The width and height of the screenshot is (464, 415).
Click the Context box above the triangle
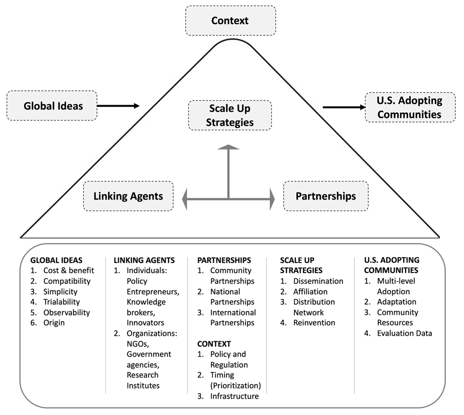pyautogui.click(x=230, y=21)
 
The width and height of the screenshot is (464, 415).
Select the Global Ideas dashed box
pyautogui.click(x=52, y=106)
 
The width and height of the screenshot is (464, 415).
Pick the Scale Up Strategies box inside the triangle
pyautogui.click(x=230, y=115)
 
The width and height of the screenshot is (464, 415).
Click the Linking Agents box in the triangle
pyautogui.click(x=128, y=196)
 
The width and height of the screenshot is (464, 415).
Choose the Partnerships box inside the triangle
pyautogui.click(x=326, y=196)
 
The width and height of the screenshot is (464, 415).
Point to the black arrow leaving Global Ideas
pyautogui.click(x=118, y=106)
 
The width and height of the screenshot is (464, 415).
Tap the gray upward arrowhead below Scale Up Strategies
pyautogui.click(x=229, y=147)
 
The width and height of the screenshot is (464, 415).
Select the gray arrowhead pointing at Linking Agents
pyautogui.click(x=186, y=199)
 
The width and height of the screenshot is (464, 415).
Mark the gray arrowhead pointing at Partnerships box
pyautogui.click(x=271, y=199)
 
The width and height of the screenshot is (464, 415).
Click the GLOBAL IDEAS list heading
pyautogui.click(x=56, y=261)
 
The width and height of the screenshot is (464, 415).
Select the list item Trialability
pyautogui.click(x=61, y=302)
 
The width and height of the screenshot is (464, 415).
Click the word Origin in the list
pyautogui.click(x=54, y=323)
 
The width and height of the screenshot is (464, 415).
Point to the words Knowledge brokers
pyautogui.click(x=146, y=307)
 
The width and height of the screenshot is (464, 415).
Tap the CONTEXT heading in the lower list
pyautogui.click(x=214, y=344)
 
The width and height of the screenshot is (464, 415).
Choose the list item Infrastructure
pyautogui.click(x=234, y=396)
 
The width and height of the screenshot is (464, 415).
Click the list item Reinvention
pyautogui.click(x=314, y=323)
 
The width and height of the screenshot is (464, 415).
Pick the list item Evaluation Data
pyautogui.click(x=404, y=333)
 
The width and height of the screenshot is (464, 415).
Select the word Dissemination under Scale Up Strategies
pyautogui.click(x=318, y=281)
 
